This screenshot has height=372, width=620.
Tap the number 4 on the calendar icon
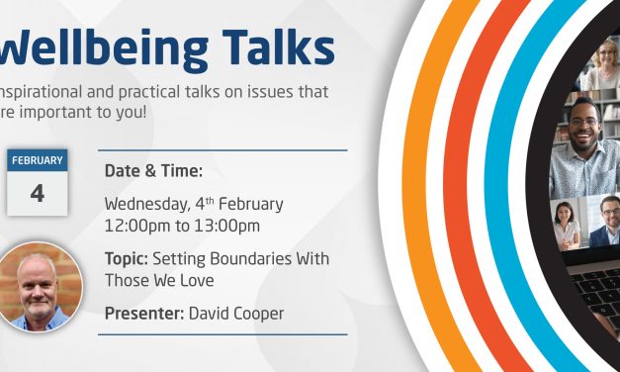[38, 193]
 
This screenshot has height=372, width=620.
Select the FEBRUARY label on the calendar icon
[38, 161]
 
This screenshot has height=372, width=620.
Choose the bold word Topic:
[127, 258]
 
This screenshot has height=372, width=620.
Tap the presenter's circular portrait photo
[39, 287]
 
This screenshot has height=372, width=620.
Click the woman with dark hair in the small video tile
[566, 224]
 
